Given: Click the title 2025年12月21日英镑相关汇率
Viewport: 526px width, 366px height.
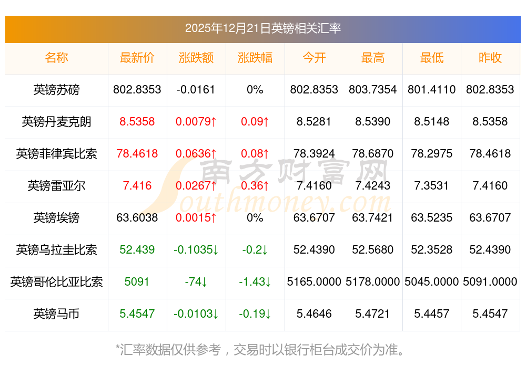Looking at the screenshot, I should pyautogui.click(x=263, y=28).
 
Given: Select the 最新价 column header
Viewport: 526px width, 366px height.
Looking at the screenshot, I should pyautogui.click(x=137, y=58).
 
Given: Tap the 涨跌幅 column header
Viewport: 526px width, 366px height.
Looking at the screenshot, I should pyautogui.click(x=255, y=58).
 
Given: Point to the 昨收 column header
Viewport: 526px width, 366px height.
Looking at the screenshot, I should pyautogui.click(x=490, y=58).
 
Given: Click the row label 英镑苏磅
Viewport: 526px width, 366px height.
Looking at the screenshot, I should pyautogui.click(x=57, y=90).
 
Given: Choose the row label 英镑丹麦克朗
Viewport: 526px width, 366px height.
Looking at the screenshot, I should pyautogui.click(x=57, y=122).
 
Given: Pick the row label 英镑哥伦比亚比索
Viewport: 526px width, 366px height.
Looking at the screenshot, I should pyautogui.click(x=57, y=282).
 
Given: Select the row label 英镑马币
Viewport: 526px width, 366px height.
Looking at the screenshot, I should pyautogui.click(x=57, y=314).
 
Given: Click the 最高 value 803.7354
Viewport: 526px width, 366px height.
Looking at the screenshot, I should pyautogui.click(x=373, y=90).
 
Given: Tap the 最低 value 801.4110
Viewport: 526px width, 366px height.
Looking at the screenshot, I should pyautogui.click(x=432, y=90).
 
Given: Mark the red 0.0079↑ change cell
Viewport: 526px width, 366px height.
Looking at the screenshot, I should pyautogui.click(x=196, y=122).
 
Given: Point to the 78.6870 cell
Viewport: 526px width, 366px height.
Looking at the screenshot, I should pyautogui.click(x=373, y=154).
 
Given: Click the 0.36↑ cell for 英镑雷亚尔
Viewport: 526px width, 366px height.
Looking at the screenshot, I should pyautogui.click(x=255, y=186).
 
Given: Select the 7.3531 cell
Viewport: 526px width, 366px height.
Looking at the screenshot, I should pyautogui.click(x=432, y=186).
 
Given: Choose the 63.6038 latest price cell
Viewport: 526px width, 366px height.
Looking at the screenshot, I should pyautogui.click(x=137, y=218).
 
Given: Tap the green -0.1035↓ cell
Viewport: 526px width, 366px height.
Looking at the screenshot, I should pyautogui.click(x=196, y=250).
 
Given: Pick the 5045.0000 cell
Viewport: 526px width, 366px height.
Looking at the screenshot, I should pyautogui.click(x=432, y=282).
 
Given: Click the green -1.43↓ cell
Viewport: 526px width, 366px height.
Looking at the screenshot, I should pyautogui.click(x=255, y=282).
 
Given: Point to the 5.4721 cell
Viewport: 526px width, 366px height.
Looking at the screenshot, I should pyautogui.click(x=373, y=314).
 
